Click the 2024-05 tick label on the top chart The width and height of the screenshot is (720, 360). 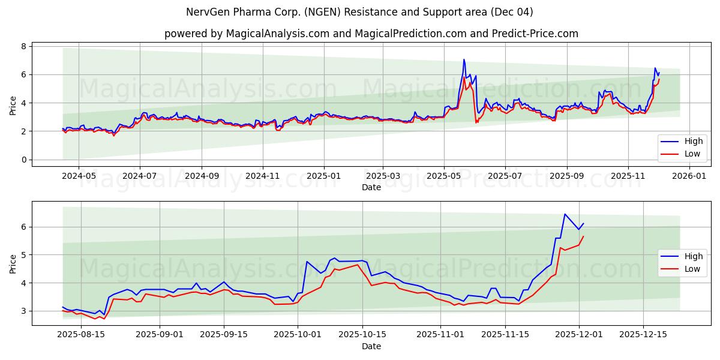coord(79,176)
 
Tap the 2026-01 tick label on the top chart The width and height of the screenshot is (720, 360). coord(689,176)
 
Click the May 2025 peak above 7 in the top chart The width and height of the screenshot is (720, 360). coord(464,59)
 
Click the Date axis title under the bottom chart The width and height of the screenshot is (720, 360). coord(371,346)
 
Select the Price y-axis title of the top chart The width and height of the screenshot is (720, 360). coord(13,106)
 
